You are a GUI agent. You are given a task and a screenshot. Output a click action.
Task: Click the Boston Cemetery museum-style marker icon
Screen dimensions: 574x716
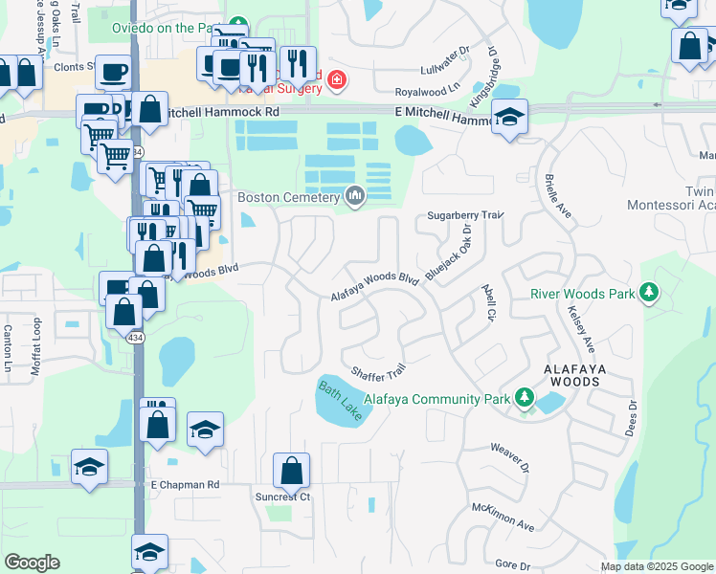point(356,197)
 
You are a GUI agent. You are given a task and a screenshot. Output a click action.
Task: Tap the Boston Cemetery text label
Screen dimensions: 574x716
point(288,198)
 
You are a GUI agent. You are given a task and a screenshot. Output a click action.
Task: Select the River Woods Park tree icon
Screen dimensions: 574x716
point(649,291)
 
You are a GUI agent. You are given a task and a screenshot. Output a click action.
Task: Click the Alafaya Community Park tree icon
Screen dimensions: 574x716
point(524,397)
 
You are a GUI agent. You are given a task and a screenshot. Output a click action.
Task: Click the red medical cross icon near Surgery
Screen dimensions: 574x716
point(335,78)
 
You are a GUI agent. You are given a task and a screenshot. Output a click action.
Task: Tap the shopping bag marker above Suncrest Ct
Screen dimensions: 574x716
point(291,471)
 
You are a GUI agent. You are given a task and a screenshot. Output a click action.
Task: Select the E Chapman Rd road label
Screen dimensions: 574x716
point(185,485)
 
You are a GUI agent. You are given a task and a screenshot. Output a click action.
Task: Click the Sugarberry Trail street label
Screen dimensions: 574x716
point(465,216)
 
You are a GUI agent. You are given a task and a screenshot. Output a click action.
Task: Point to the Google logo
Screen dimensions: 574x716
point(32,563)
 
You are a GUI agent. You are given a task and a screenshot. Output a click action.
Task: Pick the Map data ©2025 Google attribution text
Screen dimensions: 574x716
point(656,566)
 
